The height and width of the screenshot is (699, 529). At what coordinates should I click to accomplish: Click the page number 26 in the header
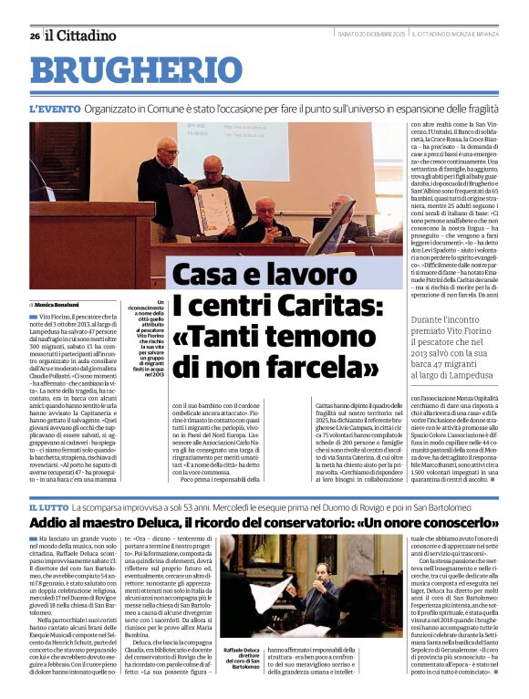point(34,36)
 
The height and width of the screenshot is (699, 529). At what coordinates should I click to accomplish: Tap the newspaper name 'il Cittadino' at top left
point(82,36)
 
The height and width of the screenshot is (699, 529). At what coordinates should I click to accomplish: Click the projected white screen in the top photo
point(237,146)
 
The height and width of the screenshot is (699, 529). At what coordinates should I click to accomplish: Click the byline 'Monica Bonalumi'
point(60,304)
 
